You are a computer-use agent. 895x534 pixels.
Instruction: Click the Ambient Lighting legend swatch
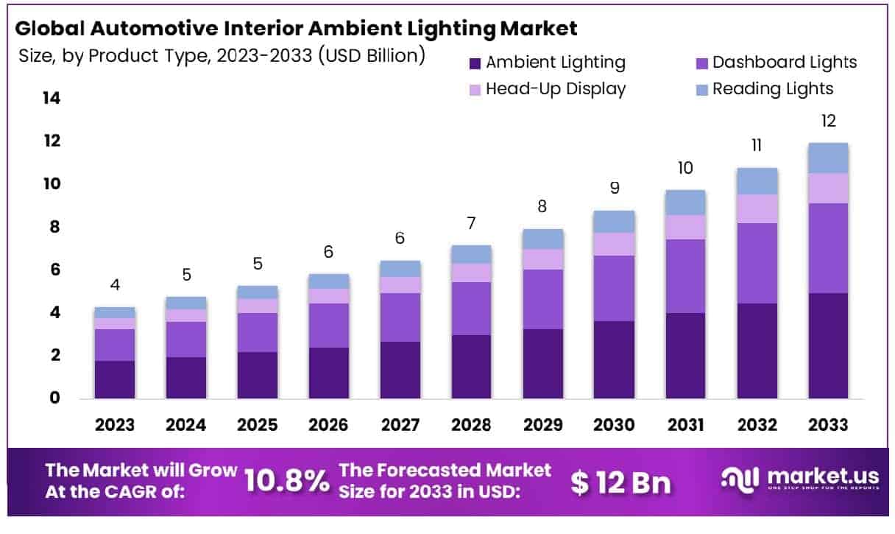475,63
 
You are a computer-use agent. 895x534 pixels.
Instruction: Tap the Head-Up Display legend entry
556,89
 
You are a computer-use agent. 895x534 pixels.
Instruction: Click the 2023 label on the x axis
115,425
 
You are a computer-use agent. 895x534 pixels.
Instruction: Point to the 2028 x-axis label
471,425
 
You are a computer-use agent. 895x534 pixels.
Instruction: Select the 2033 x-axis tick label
828,425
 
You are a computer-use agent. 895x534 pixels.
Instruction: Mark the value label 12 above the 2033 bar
828,122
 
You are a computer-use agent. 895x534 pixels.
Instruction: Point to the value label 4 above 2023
115,286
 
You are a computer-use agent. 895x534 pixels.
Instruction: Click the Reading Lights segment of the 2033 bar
828,158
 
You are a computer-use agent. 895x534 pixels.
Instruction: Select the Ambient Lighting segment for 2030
614,359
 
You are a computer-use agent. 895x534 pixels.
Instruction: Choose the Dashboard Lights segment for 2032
757,263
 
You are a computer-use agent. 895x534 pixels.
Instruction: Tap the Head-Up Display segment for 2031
685,227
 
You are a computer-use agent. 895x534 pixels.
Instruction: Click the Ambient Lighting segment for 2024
185,378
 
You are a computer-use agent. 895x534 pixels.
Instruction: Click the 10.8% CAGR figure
286,481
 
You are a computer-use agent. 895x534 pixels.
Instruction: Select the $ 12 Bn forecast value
621,481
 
